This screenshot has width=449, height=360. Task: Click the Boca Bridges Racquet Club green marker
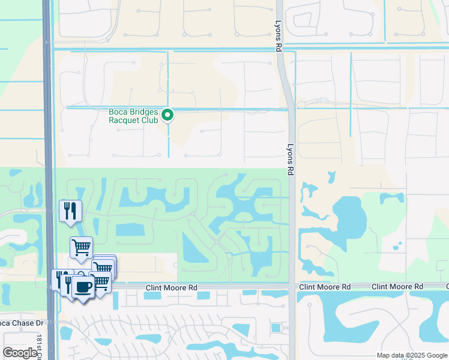click(x=168, y=114)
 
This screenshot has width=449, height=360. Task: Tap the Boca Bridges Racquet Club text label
click(x=133, y=115)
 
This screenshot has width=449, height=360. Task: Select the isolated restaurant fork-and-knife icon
click(x=71, y=211)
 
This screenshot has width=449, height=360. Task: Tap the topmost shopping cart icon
click(x=81, y=246)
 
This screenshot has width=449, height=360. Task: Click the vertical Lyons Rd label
click(x=291, y=155)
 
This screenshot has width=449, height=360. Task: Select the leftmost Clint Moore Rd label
click(x=172, y=288)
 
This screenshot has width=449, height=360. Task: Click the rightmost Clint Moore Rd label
click(x=397, y=287)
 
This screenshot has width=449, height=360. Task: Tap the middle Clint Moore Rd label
click(x=325, y=287)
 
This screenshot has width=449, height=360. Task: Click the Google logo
click(x=20, y=352)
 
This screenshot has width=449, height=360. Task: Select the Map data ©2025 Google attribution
click(x=412, y=355)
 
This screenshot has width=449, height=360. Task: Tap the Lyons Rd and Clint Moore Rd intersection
click(x=292, y=287)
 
